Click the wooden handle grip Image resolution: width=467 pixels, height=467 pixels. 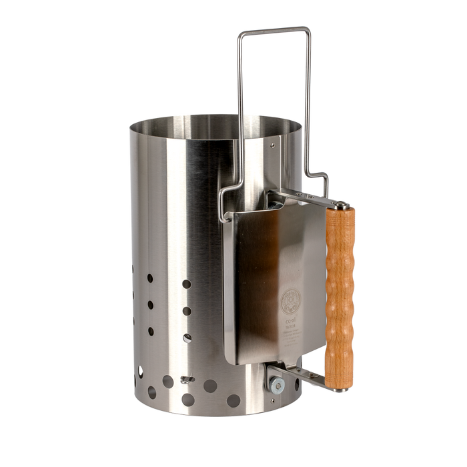point(340,294)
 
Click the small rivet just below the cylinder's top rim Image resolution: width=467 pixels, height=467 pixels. point(274,141)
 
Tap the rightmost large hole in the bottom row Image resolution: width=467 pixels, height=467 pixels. point(233,400)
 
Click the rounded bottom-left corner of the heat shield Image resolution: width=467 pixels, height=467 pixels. point(231,361)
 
